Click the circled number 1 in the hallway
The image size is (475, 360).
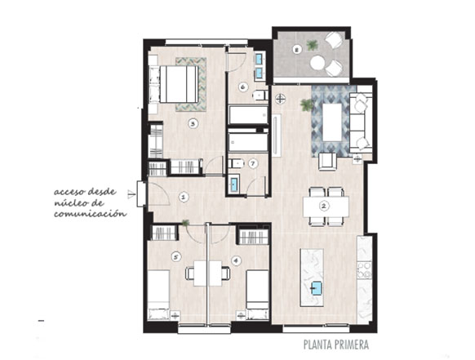point(183,198)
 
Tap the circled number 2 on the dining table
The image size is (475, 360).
point(324,207)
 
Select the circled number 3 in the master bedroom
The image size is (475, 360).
point(193,123)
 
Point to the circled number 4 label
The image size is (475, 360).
point(236,260)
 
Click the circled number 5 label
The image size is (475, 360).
point(175,257)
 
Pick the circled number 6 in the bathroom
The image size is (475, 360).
point(242,87)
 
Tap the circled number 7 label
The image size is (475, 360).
point(253,163)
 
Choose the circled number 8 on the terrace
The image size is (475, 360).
point(297,49)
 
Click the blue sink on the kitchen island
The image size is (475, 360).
point(317,287)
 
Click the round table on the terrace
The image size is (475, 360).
point(317,63)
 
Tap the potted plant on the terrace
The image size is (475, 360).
point(312,46)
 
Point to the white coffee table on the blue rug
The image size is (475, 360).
point(332,122)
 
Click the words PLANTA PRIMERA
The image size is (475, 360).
point(336,344)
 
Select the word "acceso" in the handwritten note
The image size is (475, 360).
point(69,192)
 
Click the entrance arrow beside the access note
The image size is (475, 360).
point(131,195)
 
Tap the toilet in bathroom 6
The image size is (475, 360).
point(260,96)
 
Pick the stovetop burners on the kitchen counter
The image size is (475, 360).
point(365,270)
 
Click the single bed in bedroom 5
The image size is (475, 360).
point(158,295)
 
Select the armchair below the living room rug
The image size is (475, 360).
point(327,162)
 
